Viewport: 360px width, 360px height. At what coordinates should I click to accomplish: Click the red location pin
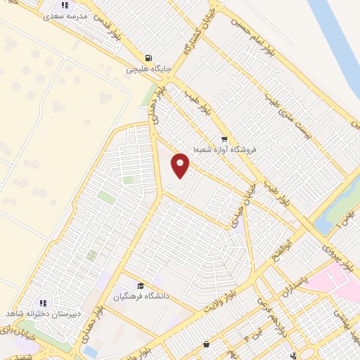pos(181,165)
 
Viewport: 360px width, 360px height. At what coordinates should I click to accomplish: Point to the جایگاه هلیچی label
pos(144,70)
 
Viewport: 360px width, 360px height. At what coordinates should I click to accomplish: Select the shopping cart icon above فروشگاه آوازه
pos(224,139)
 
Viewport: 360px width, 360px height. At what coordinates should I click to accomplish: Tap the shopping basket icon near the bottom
pos(205,345)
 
